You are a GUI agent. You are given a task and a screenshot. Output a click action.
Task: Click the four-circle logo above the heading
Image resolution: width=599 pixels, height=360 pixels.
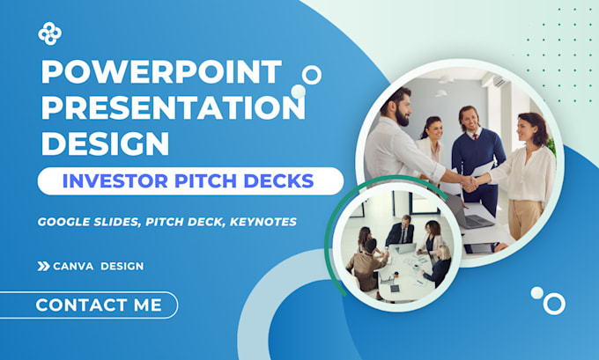point(50,33)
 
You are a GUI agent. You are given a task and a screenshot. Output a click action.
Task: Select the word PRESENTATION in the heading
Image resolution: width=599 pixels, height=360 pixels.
point(173,107)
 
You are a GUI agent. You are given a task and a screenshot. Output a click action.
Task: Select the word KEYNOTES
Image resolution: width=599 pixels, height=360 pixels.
point(262,223)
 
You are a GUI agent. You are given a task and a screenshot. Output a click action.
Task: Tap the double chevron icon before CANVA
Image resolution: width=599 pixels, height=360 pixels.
point(43,266)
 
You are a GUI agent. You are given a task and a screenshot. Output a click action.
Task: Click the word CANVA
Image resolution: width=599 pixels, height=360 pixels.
point(74,266)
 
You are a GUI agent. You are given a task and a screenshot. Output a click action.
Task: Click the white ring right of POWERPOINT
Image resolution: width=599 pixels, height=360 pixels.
point(312,75)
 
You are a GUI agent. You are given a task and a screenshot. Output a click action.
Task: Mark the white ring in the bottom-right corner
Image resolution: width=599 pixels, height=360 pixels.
point(554,304)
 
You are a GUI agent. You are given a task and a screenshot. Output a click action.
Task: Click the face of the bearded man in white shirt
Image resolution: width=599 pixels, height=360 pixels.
point(401,107)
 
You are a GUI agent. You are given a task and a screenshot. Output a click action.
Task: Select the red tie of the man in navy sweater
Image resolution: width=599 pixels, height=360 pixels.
point(472,141)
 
